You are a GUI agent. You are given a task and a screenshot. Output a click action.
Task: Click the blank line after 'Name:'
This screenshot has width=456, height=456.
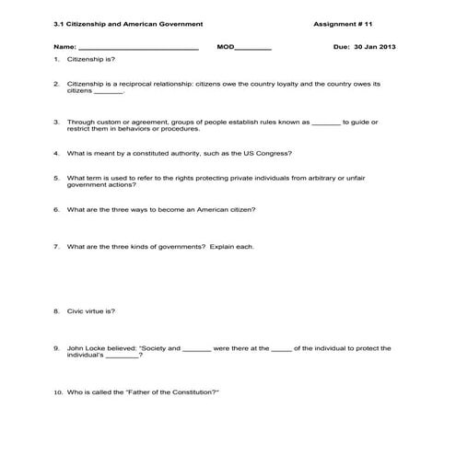point(137,47)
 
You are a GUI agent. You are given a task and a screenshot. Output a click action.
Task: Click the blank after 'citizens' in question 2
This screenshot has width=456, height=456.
point(109,92)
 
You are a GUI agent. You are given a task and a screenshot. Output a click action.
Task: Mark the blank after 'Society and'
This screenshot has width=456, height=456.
point(197,349)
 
